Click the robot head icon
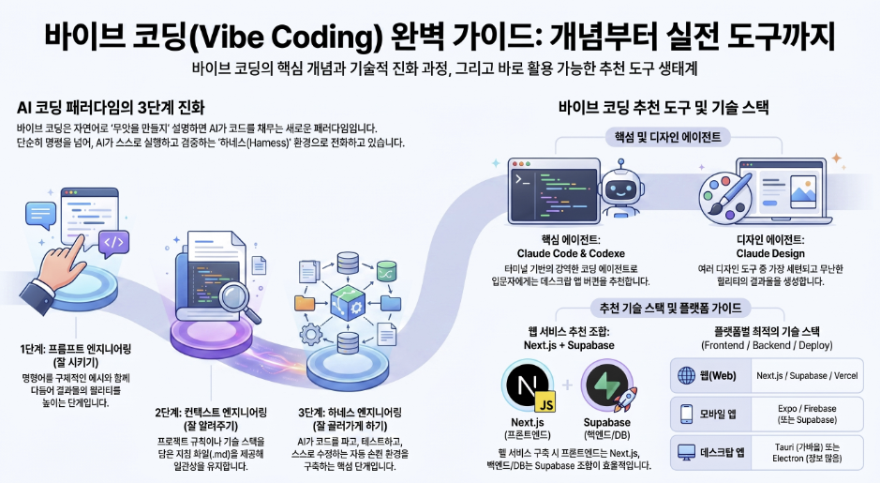point(620,189)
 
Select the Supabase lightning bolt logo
point(606,385)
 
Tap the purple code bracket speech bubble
point(114,244)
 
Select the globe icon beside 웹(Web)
point(686,376)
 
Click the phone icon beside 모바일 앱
point(686,415)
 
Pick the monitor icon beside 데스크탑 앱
point(686,452)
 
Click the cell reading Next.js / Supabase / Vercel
point(807,376)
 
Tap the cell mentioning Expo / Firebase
point(807,415)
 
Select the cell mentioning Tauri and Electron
point(807,453)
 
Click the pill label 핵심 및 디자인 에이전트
point(668,137)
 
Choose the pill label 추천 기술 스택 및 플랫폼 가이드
point(671,308)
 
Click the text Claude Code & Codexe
point(571,253)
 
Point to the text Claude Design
point(770,253)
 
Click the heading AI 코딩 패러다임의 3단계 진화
point(112,107)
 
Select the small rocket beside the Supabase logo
point(624,399)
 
